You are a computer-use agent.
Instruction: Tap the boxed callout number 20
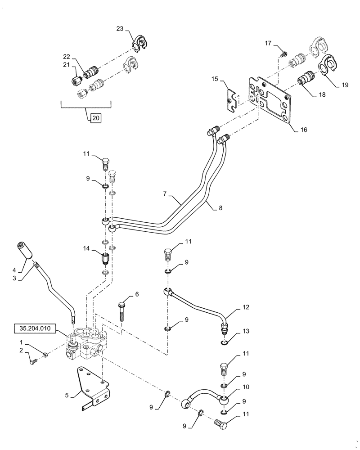(x=95, y=118)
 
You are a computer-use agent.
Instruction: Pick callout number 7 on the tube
(x=166, y=194)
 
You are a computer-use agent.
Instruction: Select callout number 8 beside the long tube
(x=220, y=208)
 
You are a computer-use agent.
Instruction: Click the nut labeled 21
(x=76, y=81)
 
